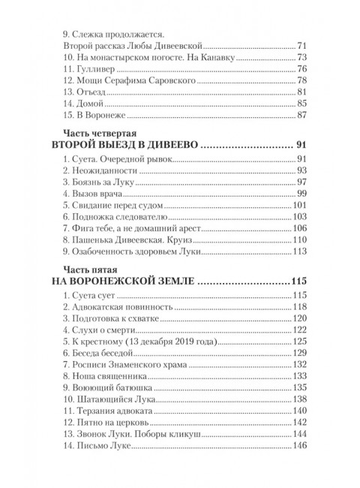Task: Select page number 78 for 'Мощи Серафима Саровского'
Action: [302, 80]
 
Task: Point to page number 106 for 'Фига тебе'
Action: [300, 228]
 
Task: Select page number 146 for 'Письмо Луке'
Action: [300, 446]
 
